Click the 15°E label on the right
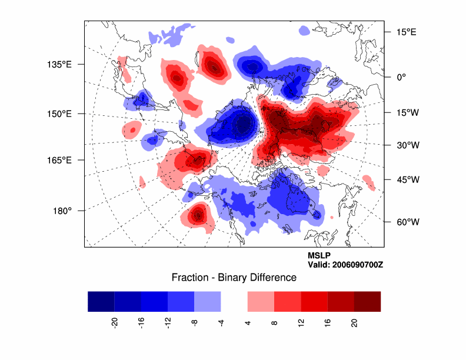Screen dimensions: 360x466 tap(405, 32)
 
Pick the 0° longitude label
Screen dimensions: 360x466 tap(401, 76)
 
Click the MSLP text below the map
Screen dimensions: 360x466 tap(319, 255)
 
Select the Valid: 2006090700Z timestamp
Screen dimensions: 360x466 tap(345, 265)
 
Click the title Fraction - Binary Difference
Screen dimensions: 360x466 tap(234, 277)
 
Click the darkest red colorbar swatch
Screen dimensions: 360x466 tap(367, 301)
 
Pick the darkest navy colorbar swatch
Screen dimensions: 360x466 tap(101, 301)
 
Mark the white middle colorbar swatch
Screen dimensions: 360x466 tap(234, 301)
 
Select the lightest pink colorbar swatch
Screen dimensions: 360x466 tap(261, 301)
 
